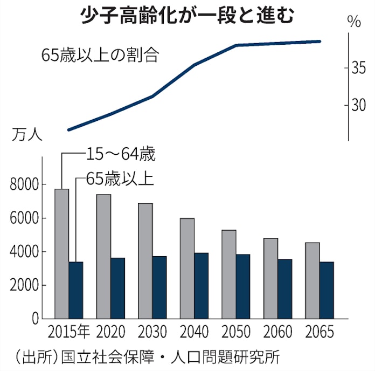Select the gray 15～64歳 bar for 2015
[61, 253]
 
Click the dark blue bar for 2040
[201, 286]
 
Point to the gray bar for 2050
[229, 274]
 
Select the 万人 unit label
[26, 135]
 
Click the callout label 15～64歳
[120, 154]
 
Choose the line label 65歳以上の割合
[100, 56]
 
